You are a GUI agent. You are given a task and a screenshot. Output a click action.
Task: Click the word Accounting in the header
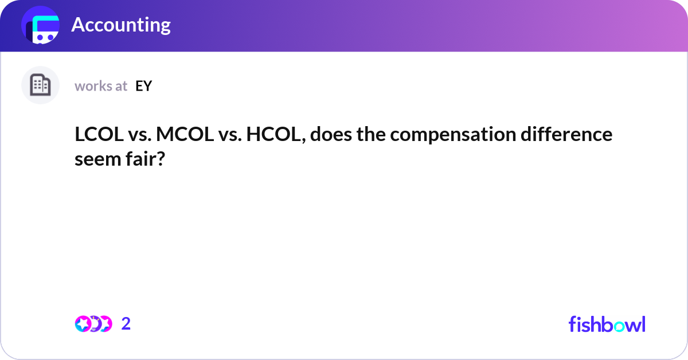tap(121, 25)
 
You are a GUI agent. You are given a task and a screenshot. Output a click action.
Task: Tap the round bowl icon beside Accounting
tap(41, 25)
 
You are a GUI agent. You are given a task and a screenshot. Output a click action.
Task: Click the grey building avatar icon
tap(40, 85)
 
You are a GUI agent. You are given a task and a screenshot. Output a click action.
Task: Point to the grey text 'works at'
tap(101, 86)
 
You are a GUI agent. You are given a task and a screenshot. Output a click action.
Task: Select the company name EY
tap(144, 86)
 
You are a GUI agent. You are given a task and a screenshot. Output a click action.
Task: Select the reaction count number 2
tap(126, 324)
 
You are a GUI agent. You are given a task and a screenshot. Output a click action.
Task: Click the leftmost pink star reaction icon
tap(82, 324)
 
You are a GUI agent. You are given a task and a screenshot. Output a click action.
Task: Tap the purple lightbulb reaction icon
tap(94, 324)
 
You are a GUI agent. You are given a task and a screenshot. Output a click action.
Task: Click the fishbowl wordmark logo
tap(607, 324)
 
